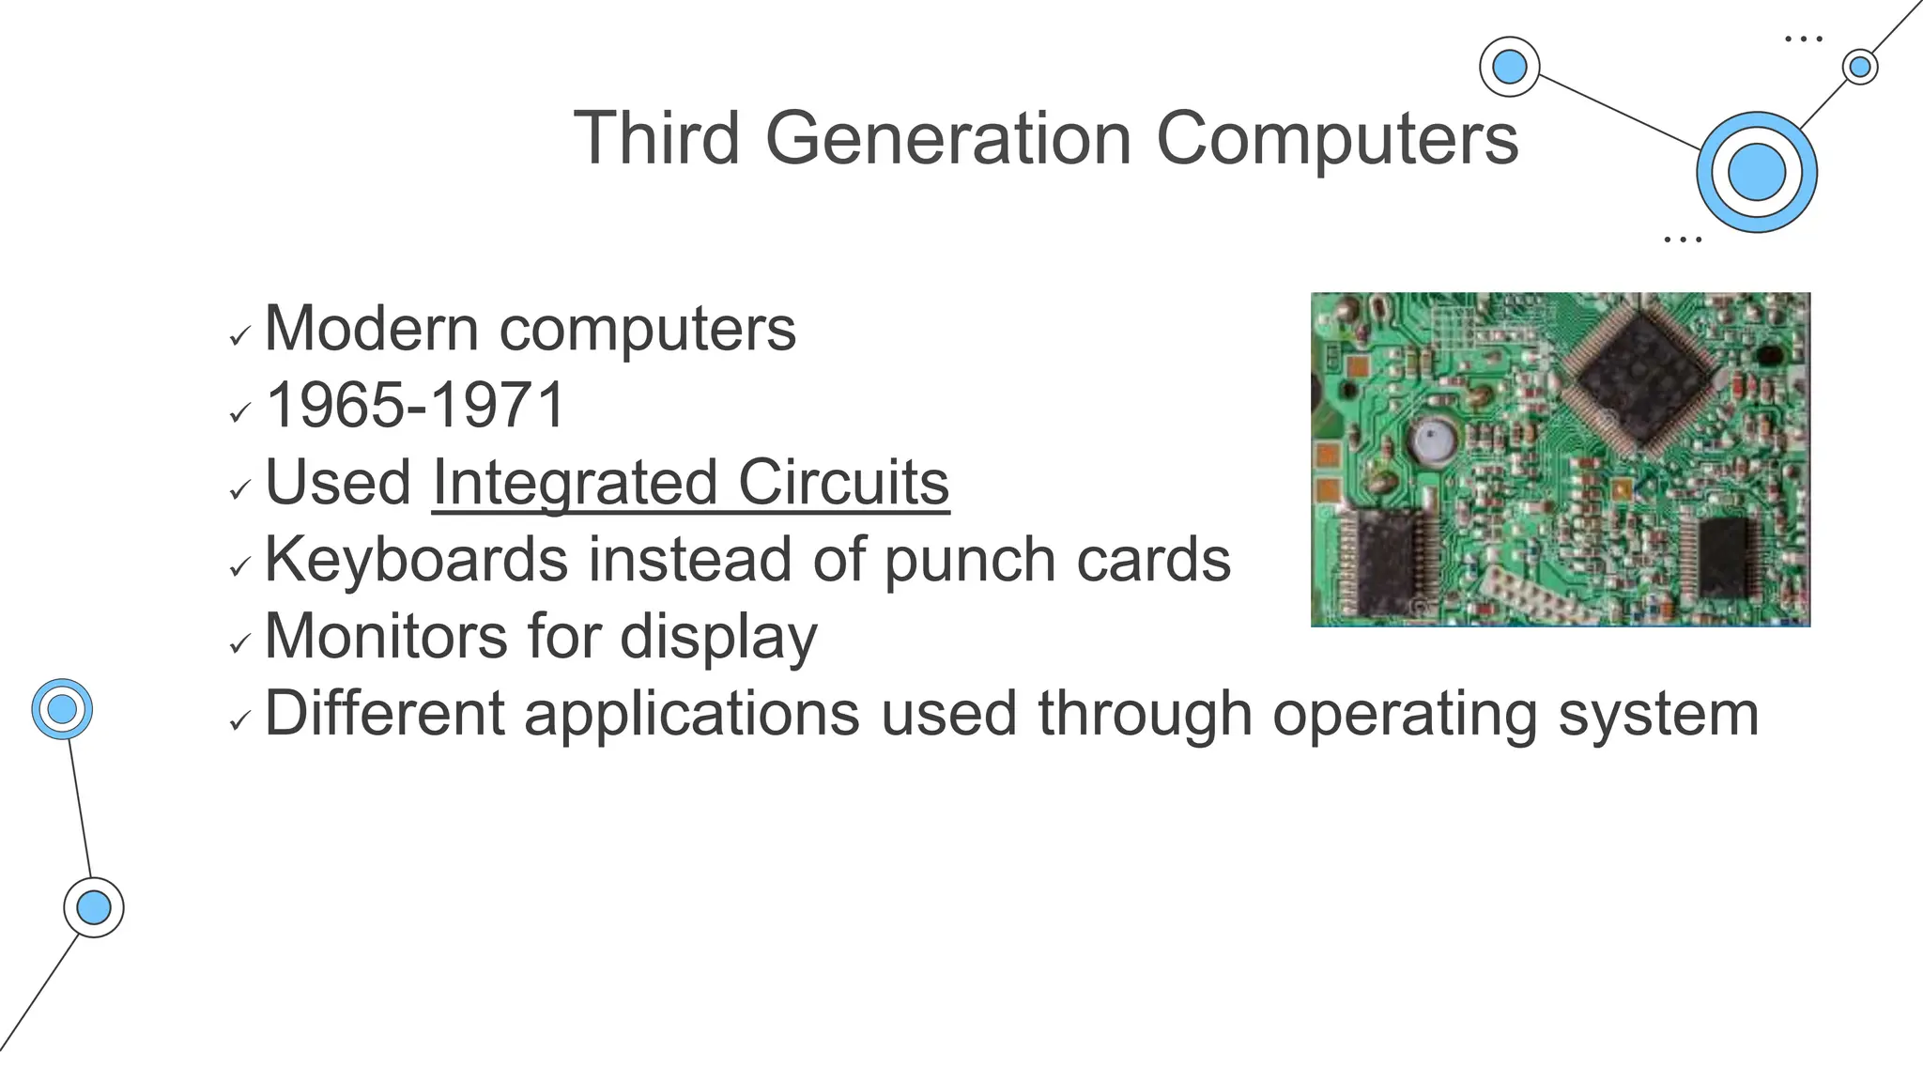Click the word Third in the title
coord(656,138)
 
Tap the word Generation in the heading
coord(948,138)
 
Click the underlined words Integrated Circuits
coord(690,483)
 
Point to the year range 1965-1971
coord(416,406)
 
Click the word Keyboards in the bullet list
coord(416,560)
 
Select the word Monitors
coord(386,637)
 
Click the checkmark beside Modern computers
coord(240,335)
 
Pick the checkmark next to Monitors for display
coord(240,643)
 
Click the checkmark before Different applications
coord(240,720)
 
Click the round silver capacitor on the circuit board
coord(1433,441)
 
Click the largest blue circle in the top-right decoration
coord(1756,173)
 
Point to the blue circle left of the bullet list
coord(62,709)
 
